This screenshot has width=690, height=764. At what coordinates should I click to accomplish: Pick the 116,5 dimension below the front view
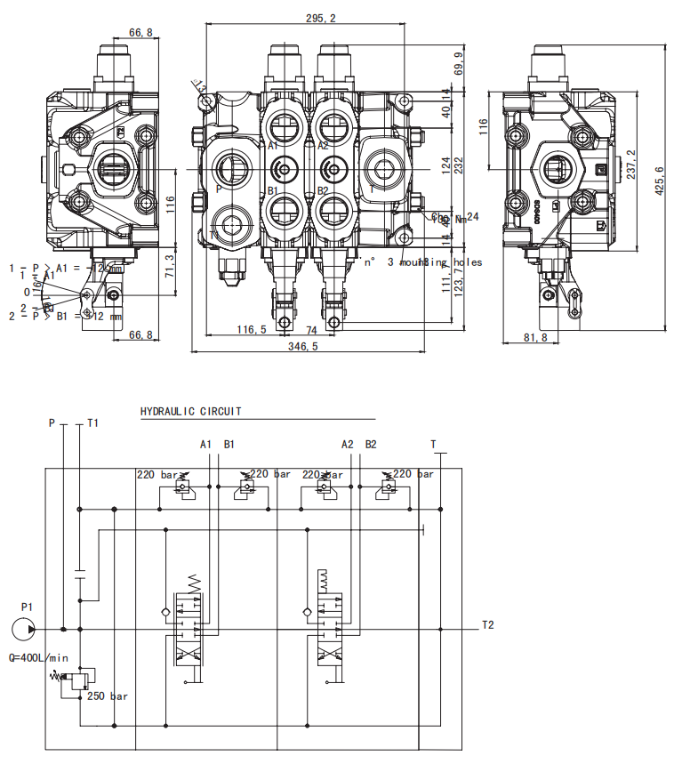tap(252, 329)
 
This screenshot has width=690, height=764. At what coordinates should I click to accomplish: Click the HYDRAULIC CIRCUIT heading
tap(191, 412)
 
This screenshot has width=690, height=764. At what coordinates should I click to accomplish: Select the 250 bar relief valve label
tap(108, 696)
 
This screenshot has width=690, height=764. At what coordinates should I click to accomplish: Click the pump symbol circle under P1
tap(26, 629)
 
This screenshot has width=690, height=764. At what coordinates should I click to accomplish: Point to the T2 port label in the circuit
tap(487, 624)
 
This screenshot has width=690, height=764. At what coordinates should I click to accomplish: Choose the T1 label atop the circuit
tap(93, 423)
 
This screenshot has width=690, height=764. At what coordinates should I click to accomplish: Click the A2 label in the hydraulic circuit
tap(348, 443)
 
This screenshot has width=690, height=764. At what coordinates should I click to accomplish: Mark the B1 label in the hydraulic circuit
tap(229, 443)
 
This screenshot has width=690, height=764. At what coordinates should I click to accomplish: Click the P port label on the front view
tap(219, 189)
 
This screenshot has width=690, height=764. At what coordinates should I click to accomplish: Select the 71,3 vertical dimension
tap(171, 264)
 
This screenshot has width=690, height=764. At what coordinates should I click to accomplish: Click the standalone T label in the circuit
tap(433, 443)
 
